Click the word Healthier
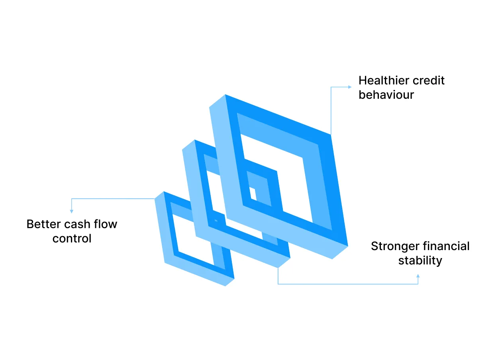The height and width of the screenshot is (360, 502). (384, 80)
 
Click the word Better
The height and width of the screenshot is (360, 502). (43, 224)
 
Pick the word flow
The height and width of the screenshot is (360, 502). (106, 224)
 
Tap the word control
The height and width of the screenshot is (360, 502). (72, 239)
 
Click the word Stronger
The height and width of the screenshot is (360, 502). (395, 247)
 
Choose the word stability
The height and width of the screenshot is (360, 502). (420, 260)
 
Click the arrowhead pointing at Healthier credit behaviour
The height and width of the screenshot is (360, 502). (350, 87)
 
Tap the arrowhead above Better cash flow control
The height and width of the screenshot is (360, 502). (72, 211)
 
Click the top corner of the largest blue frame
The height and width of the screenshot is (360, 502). (225, 95)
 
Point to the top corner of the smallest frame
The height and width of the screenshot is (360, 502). (164, 192)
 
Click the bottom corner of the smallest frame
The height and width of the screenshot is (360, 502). (225, 286)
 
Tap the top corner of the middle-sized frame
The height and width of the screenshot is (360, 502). (195, 140)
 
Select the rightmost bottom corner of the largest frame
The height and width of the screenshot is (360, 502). (348, 246)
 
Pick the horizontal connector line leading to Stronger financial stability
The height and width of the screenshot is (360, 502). (348, 284)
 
